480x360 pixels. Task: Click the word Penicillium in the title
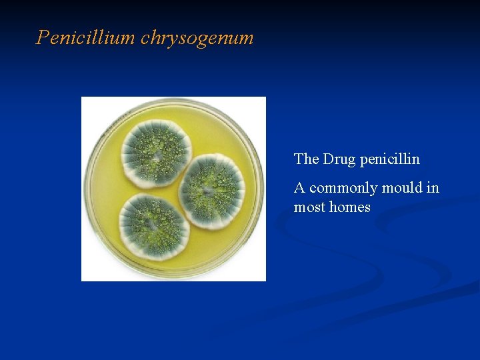click(x=86, y=37)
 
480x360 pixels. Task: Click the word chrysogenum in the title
click(x=197, y=39)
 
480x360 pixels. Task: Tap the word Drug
click(x=339, y=159)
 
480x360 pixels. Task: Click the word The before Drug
click(x=306, y=159)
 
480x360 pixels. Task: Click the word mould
click(x=405, y=188)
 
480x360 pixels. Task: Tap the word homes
click(x=350, y=207)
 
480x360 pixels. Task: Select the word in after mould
click(x=433, y=188)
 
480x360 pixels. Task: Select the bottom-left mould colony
click(x=154, y=225)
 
